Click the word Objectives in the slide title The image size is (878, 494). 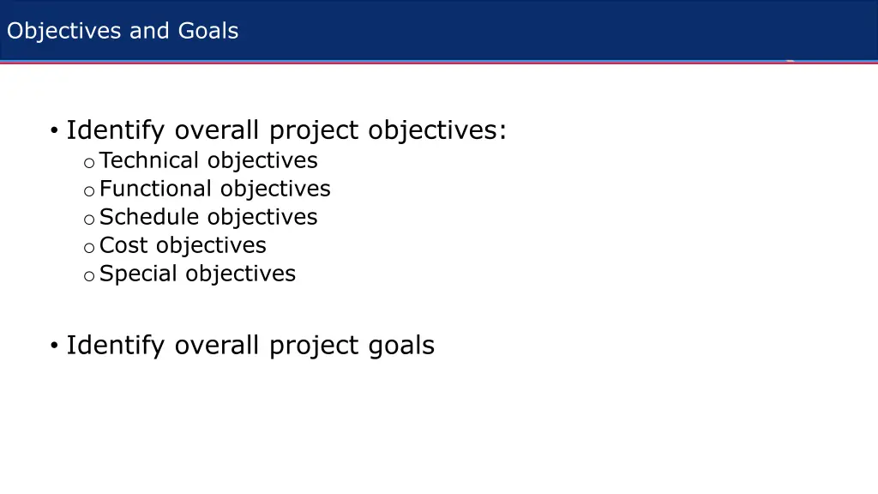point(64,31)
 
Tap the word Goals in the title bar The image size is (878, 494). point(208,31)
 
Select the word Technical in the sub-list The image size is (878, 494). point(150,160)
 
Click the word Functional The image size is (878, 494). point(155,189)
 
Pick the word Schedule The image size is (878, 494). point(150,217)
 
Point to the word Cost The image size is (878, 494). point(123,245)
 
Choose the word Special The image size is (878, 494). point(139,274)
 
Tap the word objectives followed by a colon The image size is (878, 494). point(436,131)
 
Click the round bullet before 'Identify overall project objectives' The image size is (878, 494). point(53,131)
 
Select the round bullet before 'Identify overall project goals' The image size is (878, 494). point(53,346)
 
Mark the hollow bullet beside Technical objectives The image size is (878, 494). point(88,162)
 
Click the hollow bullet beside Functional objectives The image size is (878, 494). point(88,190)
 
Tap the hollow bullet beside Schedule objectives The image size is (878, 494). point(88,219)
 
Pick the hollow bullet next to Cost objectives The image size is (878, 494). point(88,247)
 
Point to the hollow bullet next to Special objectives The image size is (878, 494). point(88,275)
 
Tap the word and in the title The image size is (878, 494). point(150,31)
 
